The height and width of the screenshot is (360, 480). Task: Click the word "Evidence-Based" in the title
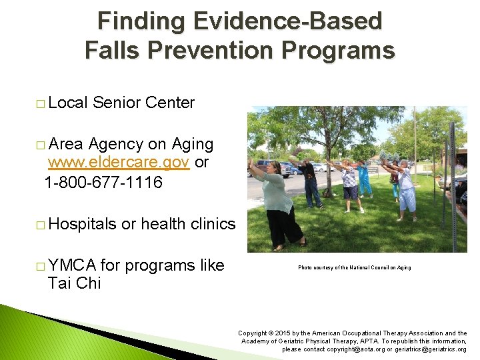point(288,21)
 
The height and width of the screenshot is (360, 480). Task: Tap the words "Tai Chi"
point(74,283)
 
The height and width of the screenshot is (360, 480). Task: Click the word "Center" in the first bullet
point(169,103)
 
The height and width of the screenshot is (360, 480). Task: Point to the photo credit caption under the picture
point(354,267)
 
